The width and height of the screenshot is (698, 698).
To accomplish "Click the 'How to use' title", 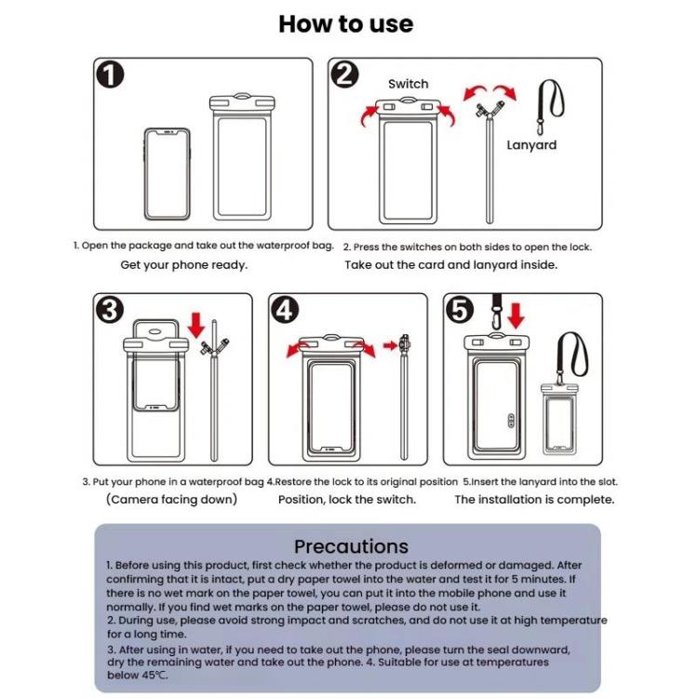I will coord(346,23).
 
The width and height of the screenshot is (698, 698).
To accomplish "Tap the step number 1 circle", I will coord(111,75).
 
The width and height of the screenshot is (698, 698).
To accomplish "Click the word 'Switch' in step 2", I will coord(409,84).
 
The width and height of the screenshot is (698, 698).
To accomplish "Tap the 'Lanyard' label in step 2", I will coord(531,145).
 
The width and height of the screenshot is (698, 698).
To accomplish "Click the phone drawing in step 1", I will coord(167,173).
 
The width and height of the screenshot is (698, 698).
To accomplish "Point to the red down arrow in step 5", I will coord(516,315).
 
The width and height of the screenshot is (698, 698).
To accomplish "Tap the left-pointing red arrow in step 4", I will coord(296,348).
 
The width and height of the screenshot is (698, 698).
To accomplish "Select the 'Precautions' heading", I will coord(351,546).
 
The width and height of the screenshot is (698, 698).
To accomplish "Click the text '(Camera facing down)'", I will coord(172,500).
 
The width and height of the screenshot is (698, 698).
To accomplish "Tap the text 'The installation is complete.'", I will coord(534,500).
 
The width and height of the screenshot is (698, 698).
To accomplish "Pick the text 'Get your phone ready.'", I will coord(184,264).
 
